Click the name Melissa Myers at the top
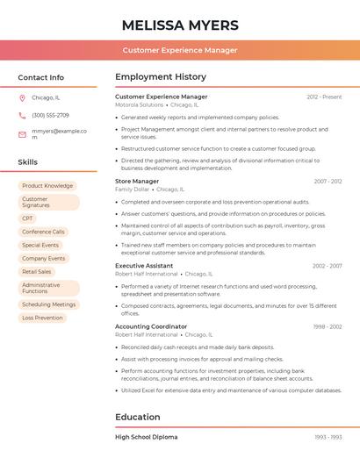pyautogui.click(x=180, y=25)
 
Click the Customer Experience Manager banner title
pyautogui.click(x=180, y=50)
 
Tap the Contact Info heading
pyautogui.click(x=41, y=77)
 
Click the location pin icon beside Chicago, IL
pyautogui.click(x=22, y=98)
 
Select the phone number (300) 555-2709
pyautogui.click(x=50, y=115)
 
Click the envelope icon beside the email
pyautogui.click(x=22, y=134)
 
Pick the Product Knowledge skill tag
pyautogui.click(x=47, y=186)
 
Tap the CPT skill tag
pyautogui.click(x=28, y=218)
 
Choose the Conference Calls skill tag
pyautogui.click(x=43, y=232)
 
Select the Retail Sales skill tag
pyautogui.click(x=37, y=272)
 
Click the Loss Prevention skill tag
pyautogui.click(x=42, y=318)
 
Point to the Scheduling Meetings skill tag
pyautogui.click(x=48, y=304)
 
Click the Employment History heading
pyautogui.click(x=161, y=77)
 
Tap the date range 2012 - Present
pyautogui.click(x=324, y=97)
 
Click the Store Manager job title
pyautogui.click(x=137, y=182)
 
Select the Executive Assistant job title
pyautogui.click(x=143, y=266)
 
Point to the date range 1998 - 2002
pyautogui.click(x=328, y=326)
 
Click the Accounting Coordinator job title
pyautogui.click(x=151, y=326)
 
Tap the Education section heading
pyautogui.click(x=138, y=417)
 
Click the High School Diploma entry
pyautogui.click(x=147, y=437)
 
